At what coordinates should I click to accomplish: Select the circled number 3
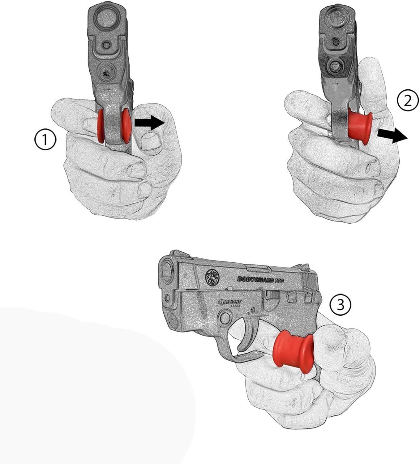click(340, 305)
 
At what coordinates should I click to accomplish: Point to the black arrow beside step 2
click(391, 136)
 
